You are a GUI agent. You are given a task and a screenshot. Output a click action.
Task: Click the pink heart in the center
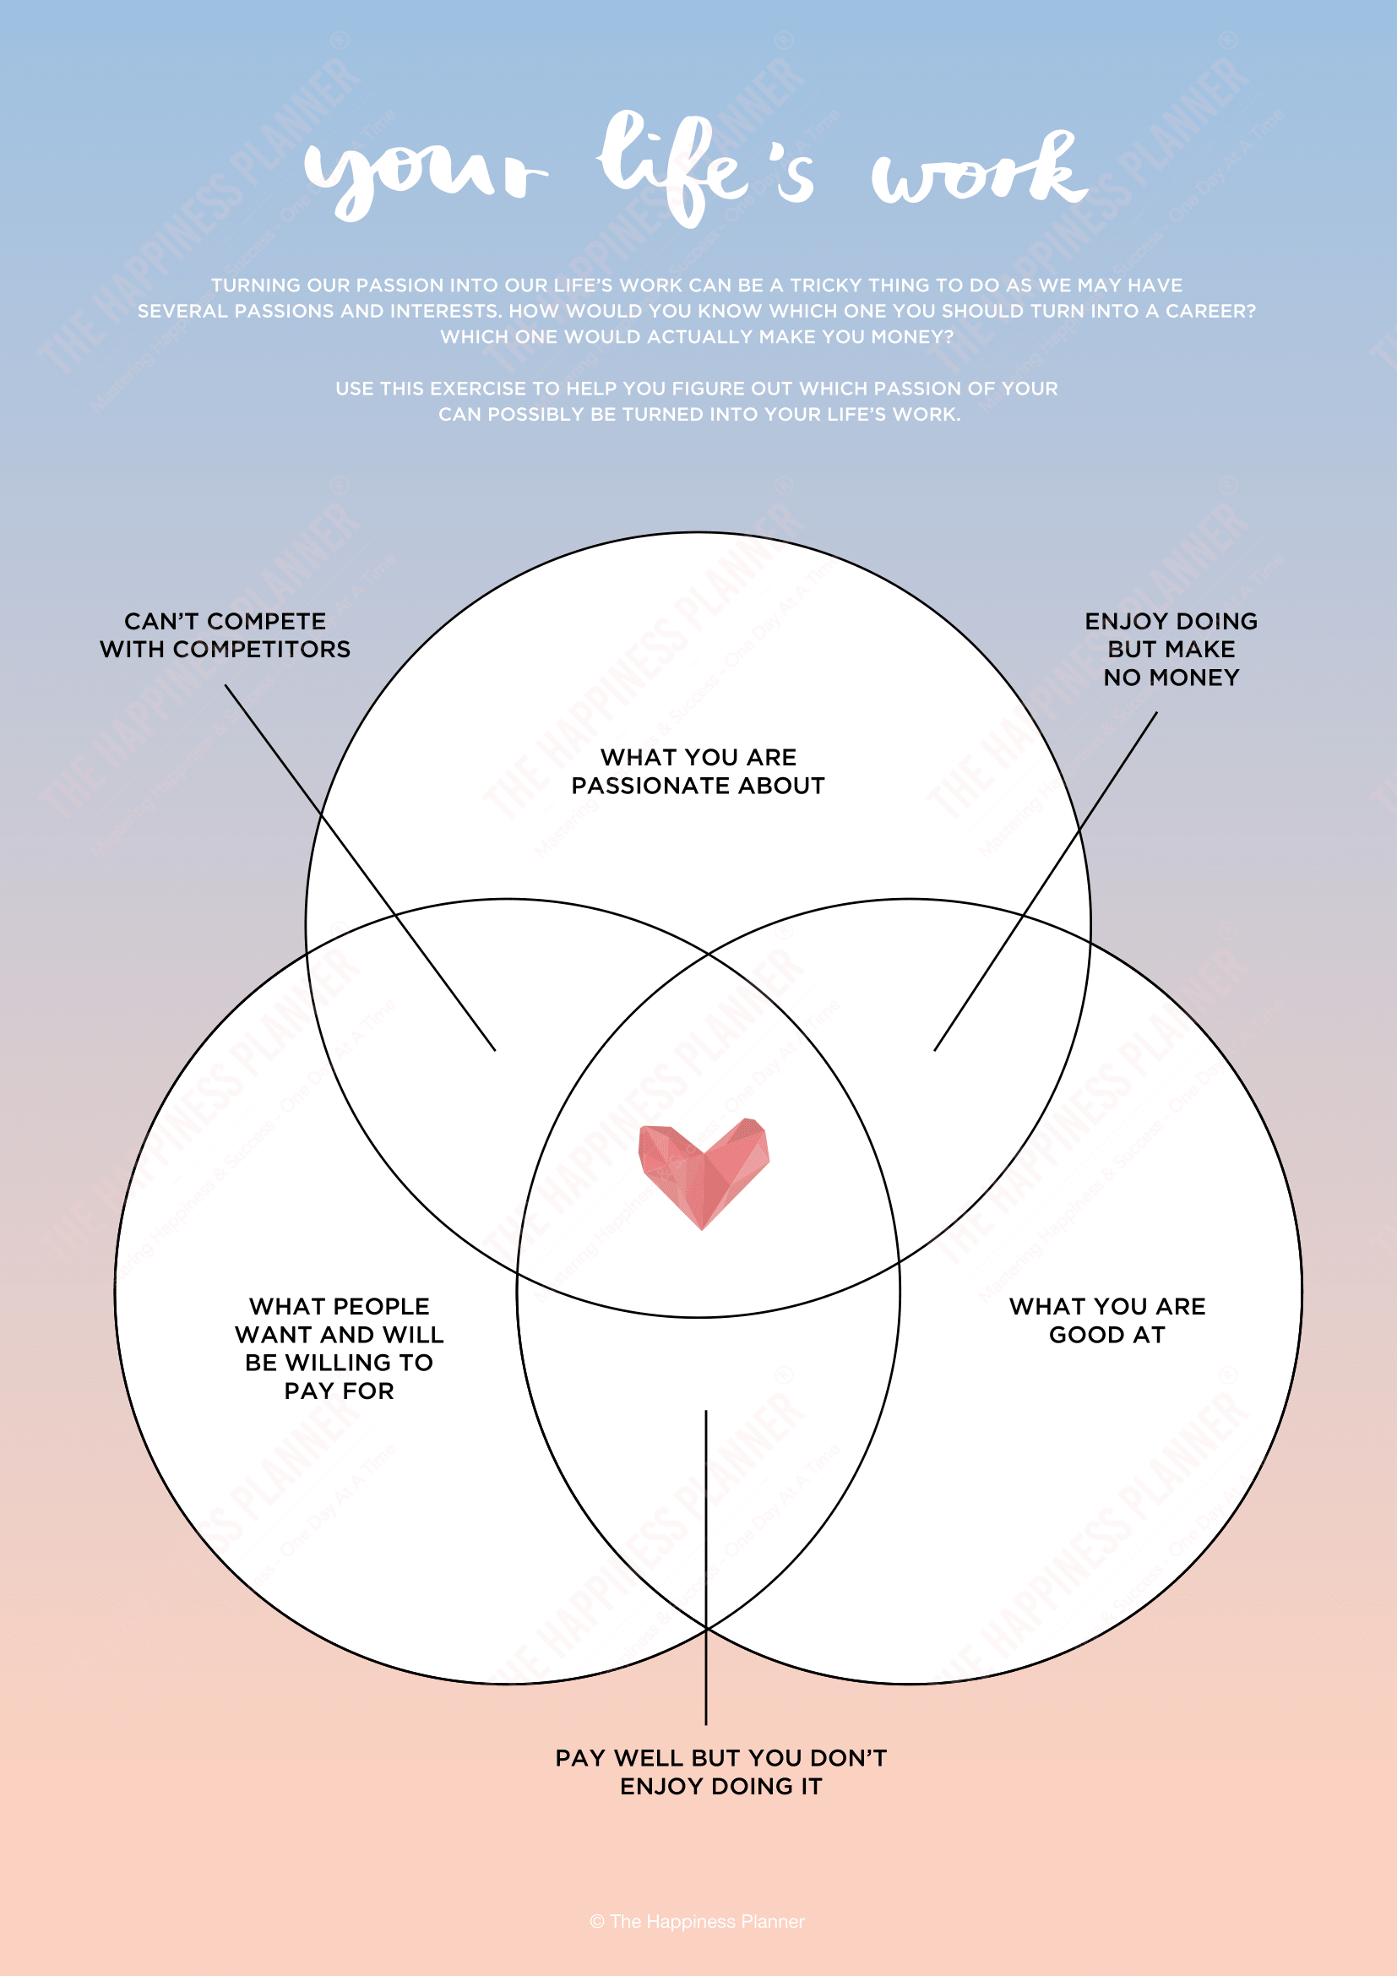tap(704, 1173)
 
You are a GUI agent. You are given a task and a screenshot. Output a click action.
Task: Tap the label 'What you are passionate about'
tap(698, 771)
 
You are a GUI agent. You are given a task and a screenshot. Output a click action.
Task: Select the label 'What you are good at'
tap(1107, 1320)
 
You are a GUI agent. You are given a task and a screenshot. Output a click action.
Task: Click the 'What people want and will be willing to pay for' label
tap(339, 1347)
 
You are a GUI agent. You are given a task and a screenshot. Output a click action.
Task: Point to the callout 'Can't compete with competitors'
tap(226, 635)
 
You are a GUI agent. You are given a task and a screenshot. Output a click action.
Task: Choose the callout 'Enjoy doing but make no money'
tap(1171, 649)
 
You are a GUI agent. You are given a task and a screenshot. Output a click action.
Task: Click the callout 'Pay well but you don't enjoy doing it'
tap(720, 1772)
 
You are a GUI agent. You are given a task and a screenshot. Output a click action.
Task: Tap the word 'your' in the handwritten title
tap(425, 172)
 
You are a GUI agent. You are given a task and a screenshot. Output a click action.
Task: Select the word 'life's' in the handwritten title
tap(705, 168)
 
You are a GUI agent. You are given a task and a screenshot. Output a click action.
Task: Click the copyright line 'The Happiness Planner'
tap(698, 1922)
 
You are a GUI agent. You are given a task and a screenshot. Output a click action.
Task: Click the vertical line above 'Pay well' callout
tap(706, 1567)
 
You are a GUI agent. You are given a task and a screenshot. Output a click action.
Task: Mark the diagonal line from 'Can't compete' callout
tap(361, 868)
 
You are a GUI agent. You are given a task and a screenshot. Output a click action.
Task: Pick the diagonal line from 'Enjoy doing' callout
tap(1046, 880)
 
